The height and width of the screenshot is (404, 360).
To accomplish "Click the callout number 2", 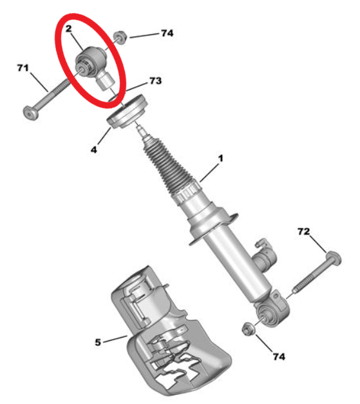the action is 68,28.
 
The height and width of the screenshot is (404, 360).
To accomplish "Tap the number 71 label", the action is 23,68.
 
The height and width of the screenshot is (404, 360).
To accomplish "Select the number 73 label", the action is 156,81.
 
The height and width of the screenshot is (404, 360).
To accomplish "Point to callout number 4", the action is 94,149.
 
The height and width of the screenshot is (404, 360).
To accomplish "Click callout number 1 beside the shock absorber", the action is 220,159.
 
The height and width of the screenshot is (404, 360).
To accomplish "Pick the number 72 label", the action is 303,231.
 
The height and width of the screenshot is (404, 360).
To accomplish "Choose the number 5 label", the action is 98,342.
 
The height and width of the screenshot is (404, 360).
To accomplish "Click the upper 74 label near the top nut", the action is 167,33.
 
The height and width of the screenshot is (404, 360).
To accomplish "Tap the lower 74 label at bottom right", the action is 279,356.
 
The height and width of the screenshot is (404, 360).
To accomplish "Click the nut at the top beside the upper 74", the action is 120,37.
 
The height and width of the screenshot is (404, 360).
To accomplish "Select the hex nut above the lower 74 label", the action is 249,329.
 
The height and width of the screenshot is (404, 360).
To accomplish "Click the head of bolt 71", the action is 31,113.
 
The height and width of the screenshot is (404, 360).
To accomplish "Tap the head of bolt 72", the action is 334,258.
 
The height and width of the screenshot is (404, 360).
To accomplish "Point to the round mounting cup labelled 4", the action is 128,111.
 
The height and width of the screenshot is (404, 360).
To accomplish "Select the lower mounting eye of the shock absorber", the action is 272,311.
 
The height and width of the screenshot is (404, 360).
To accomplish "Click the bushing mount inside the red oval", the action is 93,64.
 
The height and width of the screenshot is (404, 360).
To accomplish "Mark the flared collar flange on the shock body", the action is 214,227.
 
